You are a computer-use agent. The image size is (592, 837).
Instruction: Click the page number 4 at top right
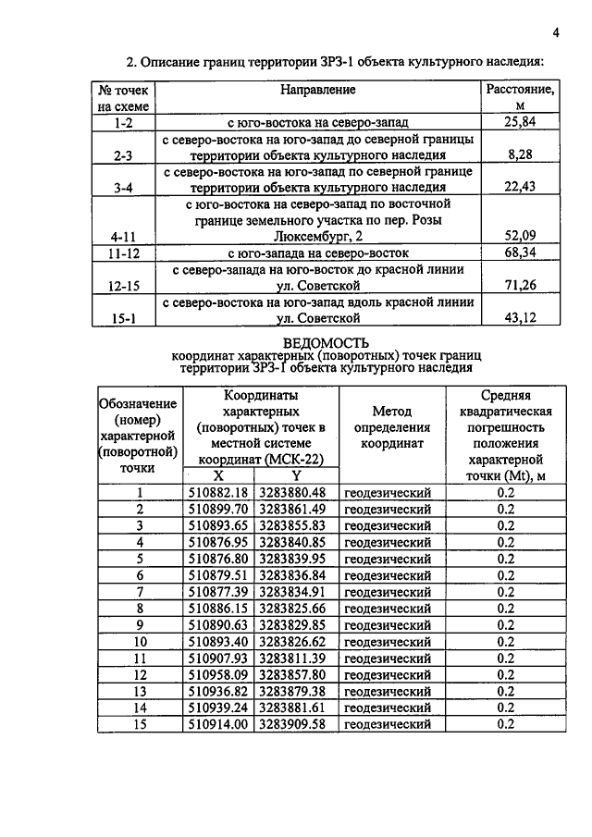tap(556, 34)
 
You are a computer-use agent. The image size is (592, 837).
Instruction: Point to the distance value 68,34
tap(520, 252)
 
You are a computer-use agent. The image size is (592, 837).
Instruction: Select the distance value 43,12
tap(520, 319)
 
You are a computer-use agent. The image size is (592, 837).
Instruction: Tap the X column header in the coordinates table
tap(219, 474)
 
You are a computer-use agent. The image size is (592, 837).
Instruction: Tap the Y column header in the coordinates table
tap(296, 474)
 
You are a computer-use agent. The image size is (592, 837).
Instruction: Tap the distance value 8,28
tap(520, 155)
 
